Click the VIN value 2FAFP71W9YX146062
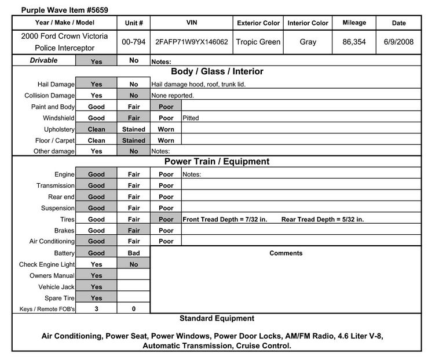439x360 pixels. tap(192, 42)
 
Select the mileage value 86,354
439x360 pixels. tap(354, 42)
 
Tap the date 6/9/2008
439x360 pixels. tap(398, 42)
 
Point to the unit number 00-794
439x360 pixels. tap(134, 42)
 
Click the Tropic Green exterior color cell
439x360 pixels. tap(258, 42)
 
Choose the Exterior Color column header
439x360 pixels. tap(258, 23)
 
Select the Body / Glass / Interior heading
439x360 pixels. tap(217, 72)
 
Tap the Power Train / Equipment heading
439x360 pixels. tap(217, 162)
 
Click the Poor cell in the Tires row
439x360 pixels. tap(166, 220)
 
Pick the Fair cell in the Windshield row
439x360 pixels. tap(134, 118)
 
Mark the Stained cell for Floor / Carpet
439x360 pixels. tap(134, 140)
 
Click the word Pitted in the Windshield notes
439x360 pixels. tap(191, 118)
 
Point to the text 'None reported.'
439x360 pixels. tap(173, 96)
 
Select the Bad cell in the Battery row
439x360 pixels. tap(134, 253)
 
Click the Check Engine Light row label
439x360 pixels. tap(47, 264)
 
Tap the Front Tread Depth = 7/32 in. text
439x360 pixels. tap(225, 220)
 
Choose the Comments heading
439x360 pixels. tap(286, 253)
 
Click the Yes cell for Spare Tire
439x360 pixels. tap(96, 298)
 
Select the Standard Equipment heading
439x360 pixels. tap(217, 318)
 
